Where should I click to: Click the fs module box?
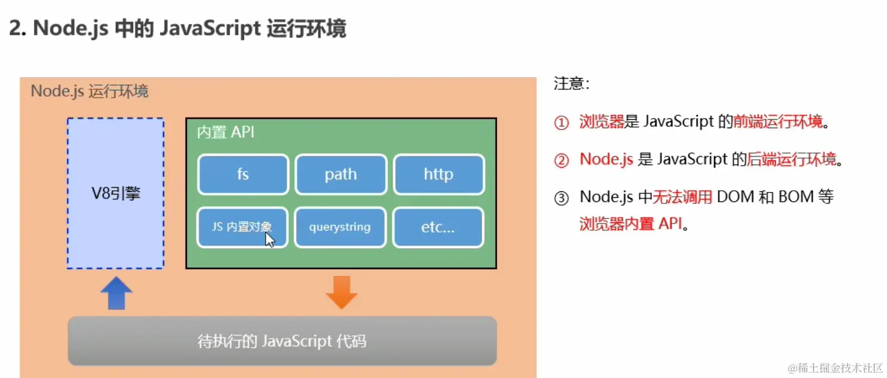point(243,175)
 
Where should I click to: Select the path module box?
point(341,175)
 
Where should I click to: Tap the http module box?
point(438,175)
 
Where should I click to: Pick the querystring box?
point(340,227)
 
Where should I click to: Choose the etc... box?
point(438,227)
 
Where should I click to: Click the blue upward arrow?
point(116,293)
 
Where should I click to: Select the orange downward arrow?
point(341,292)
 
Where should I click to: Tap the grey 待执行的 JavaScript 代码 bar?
point(282,341)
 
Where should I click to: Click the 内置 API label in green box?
point(226,132)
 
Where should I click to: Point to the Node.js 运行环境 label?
point(90,91)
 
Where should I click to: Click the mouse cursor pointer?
point(269,240)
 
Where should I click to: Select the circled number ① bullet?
point(561,123)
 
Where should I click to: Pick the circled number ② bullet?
point(561,160)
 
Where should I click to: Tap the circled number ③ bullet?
point(561,197)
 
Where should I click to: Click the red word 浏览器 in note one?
point(601,122)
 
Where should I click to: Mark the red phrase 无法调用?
point(682,197)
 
